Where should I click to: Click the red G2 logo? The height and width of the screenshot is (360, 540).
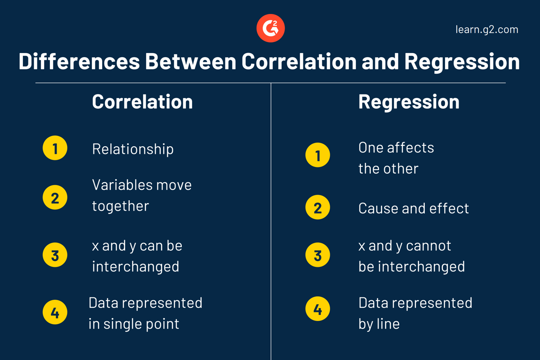[270, 28]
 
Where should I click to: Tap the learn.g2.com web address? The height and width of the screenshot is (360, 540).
[487, 30]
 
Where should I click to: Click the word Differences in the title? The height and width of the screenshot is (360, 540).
[79, 61]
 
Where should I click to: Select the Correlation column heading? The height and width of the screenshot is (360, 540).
[142, 102]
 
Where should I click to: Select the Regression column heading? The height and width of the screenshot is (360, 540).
[409, 102]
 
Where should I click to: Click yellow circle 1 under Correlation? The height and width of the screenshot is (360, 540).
[55, 148]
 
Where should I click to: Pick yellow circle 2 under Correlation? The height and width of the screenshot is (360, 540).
[55, 197]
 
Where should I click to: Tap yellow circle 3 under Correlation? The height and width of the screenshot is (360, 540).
[55, 255]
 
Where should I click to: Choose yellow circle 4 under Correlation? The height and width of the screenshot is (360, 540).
[55, 312]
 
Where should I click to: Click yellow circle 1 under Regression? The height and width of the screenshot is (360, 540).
[318, 155]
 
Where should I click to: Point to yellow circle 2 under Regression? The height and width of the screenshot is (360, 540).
[318, 207]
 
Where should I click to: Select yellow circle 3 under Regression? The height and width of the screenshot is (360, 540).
[318, 255]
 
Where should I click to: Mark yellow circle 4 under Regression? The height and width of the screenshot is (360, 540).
[318, 310]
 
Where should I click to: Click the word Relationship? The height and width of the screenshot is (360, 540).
[133, 149]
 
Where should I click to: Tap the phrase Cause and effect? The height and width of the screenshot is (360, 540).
[414, 208]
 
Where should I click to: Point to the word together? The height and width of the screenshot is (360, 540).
[120, 206]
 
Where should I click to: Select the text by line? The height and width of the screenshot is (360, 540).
[379, 324]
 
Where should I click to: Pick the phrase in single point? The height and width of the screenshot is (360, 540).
[134, 324]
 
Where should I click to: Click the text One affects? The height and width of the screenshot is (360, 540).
[396, 148]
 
